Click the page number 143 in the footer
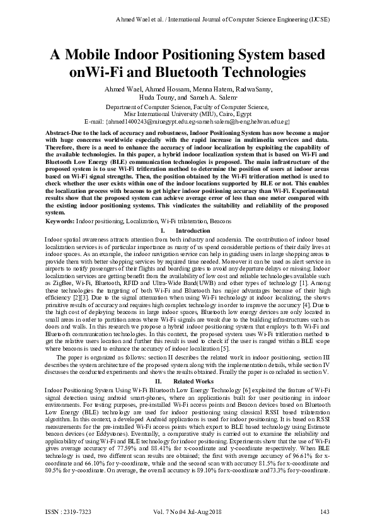click(x=325, y=510)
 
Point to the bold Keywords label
click(x=61, y=222)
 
